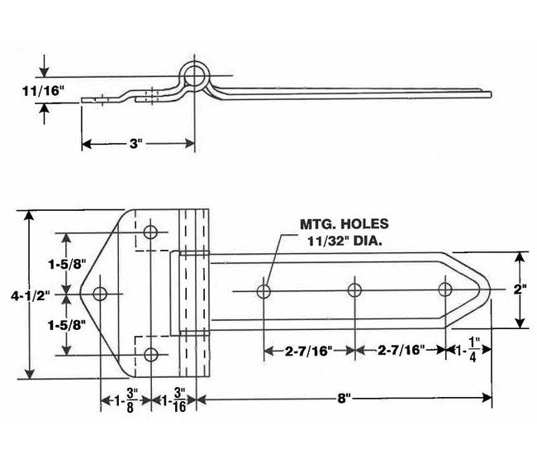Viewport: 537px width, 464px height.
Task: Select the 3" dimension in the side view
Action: click(137, 144)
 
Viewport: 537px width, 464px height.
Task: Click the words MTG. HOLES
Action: click(342, 223)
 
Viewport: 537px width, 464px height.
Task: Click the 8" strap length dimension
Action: click(345, 399)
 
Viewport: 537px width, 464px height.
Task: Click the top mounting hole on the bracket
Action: click(151, 231)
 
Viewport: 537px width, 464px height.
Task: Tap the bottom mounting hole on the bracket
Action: click(151, 355)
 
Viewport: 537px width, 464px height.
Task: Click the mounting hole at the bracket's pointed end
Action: click(101, 293)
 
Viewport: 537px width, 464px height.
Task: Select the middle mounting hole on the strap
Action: click(354, 290)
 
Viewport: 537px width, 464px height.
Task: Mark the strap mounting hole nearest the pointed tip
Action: click(445, 290)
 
